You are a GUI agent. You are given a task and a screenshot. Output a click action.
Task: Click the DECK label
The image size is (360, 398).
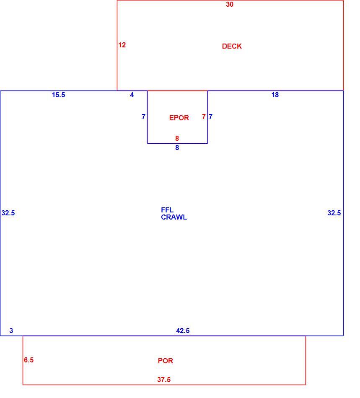[232, 46]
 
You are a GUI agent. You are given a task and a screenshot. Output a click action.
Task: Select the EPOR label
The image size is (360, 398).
[179, 118]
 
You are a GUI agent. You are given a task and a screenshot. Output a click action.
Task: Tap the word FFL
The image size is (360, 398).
[167, 210]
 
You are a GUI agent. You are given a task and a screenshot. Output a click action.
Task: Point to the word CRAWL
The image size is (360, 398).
[174, 217]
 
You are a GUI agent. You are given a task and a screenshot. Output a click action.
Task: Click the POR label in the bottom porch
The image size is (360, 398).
[165, 361]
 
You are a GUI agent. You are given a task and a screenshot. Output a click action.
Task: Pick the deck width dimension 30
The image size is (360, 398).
[230, 4]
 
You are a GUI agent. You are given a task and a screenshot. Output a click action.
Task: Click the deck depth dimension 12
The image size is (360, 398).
[122, 45]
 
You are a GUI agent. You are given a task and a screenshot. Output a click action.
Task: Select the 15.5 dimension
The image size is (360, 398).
[58, 95]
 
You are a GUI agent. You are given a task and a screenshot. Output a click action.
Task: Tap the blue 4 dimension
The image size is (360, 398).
[132, 95]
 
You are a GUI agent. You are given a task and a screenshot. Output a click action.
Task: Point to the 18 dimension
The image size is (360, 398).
[275, 95]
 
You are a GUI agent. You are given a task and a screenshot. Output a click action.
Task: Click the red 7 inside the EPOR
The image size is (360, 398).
[204, 116]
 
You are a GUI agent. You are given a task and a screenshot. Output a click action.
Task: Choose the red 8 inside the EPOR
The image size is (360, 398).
[177, 138]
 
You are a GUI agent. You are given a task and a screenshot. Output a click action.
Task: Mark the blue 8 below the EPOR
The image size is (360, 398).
[177, 147]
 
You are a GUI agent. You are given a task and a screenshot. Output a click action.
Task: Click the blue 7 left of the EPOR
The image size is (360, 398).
[143, 116]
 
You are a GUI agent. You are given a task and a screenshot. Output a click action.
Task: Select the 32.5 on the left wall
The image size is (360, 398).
[8, 213]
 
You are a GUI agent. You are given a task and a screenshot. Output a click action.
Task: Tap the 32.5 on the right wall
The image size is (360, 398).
[334, 213]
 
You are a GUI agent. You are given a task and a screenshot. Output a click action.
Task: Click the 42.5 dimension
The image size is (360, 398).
[183, 331]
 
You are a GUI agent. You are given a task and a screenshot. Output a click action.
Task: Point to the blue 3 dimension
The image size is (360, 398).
[11, 331]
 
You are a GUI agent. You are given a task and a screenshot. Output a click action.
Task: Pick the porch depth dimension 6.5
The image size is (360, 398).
[28, 360]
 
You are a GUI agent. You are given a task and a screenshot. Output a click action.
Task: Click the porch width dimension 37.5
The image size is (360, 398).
[164, 380]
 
